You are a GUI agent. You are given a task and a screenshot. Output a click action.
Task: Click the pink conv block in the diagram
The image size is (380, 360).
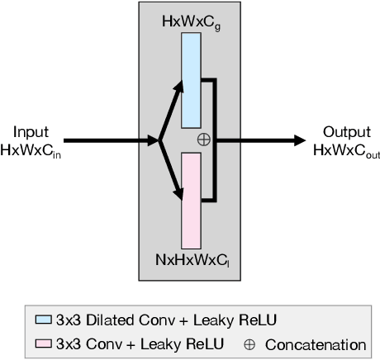click(x=191, y=200)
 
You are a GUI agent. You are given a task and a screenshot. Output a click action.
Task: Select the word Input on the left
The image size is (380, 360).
click(x=31, y=132)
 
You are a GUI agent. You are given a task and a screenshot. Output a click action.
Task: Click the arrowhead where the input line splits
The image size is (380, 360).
click(x=154, y=140)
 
